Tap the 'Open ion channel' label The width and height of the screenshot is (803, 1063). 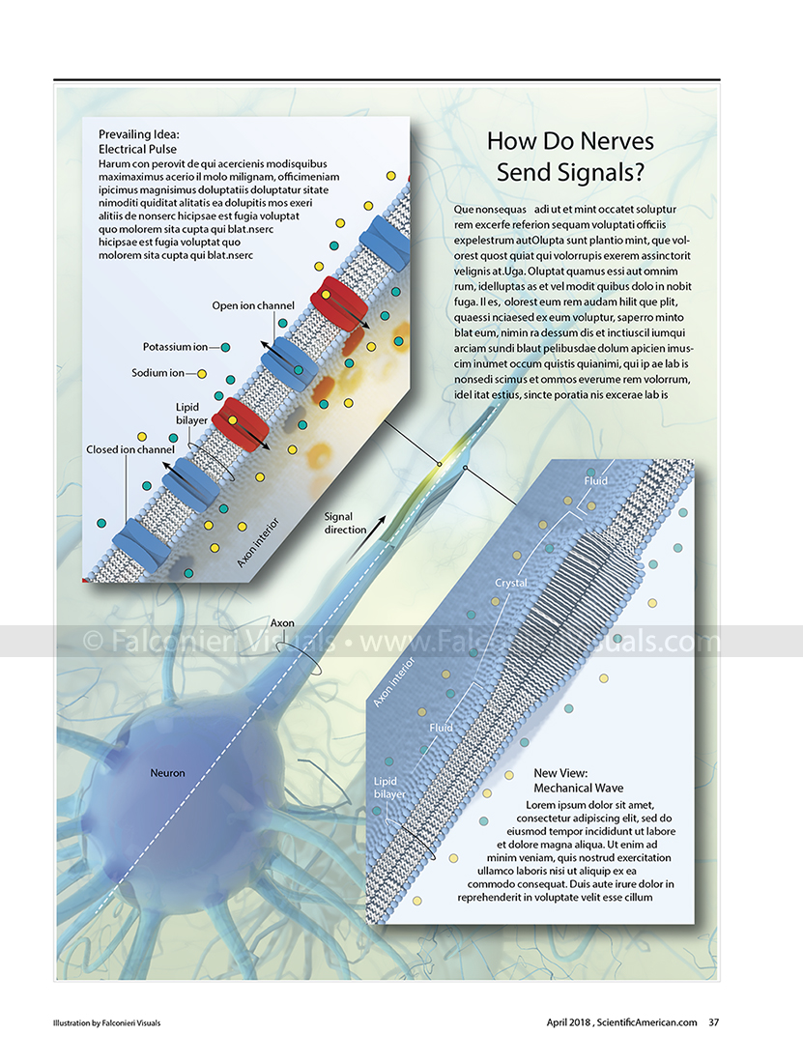click(x=253, y=306)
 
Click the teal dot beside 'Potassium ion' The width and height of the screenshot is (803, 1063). click(x=225, y=347)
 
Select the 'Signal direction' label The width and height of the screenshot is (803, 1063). click(x=345, y=523)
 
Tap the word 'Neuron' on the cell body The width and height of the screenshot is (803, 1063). click(x=167, y=773)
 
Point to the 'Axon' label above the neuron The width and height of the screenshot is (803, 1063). click(x=282, y=623)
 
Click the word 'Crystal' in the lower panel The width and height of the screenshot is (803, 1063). click(x=510, y=584)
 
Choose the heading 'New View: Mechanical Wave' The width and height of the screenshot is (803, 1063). click(x=579, y=781)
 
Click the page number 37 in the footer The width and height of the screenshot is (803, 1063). click(x=714, y=1022)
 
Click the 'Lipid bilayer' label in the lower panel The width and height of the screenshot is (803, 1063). click(x=389, y=788)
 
